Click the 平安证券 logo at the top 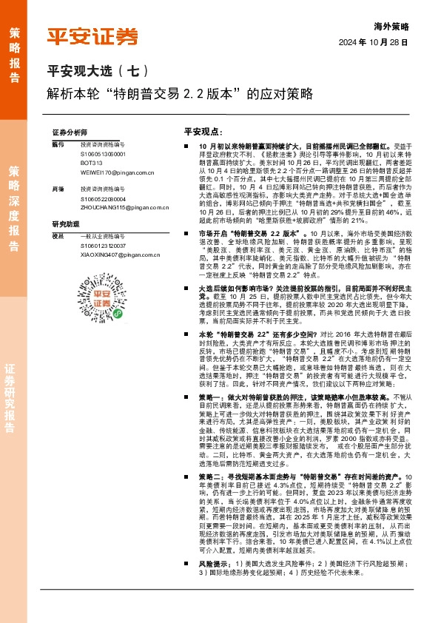[92, 36]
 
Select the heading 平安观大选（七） [98, 72]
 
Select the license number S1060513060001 [103, 152]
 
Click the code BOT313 [91, 162]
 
